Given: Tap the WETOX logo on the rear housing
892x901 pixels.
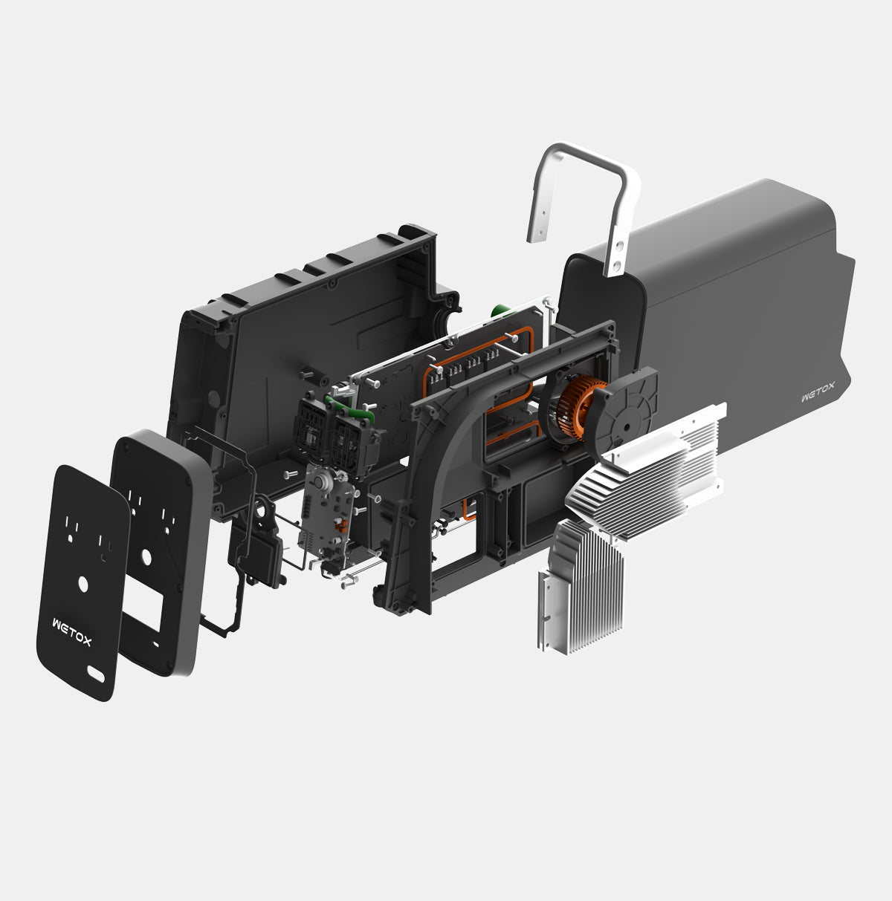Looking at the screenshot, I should (818, 397).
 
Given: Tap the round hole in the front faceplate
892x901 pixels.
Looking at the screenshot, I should (84, 584).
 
